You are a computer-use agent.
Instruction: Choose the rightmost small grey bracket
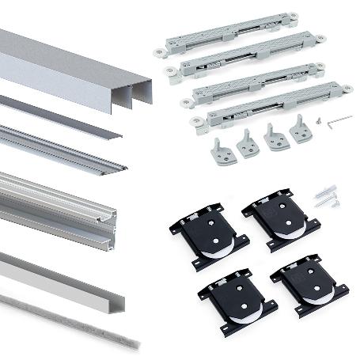tap(301, 130)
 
